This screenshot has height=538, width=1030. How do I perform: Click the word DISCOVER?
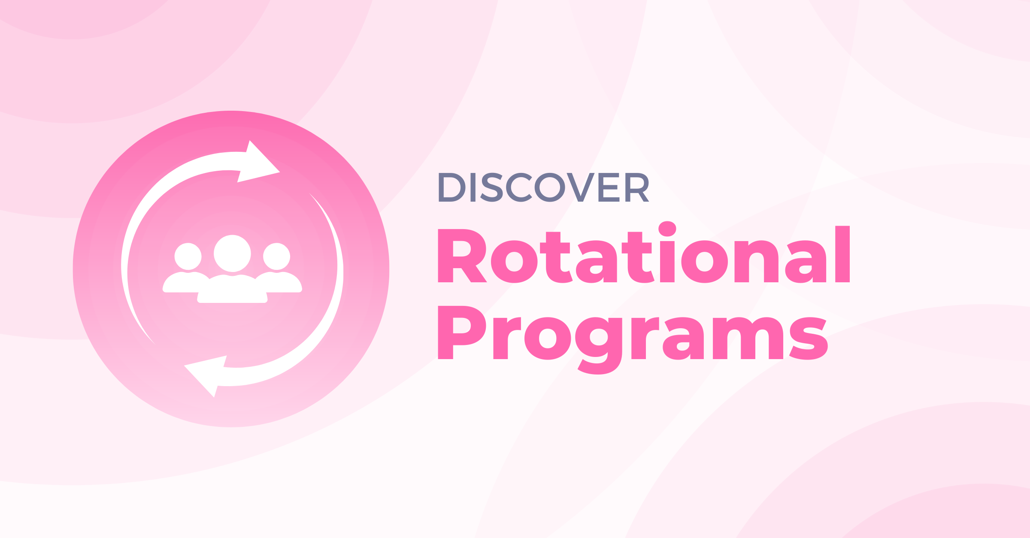coord(543,187)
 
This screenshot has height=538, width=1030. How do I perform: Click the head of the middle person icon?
coord(232,253)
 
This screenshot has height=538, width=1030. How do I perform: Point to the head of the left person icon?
coord(188,256)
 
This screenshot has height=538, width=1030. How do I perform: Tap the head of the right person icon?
coord(277,256)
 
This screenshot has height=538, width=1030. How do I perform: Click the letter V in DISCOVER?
coord(580,187)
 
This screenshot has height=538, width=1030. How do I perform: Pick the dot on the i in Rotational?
coord(667,229)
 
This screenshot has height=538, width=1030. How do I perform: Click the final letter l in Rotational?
coord(842,254)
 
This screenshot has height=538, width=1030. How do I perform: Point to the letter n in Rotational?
coord(756,262)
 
